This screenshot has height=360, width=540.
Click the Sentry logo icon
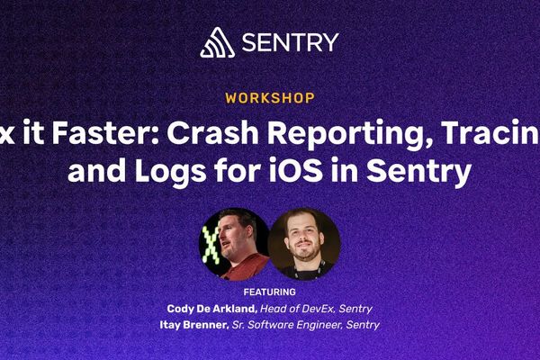(216, 41)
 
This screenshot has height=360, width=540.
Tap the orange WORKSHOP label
(270, 97)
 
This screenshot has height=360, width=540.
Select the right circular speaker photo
(304, 244)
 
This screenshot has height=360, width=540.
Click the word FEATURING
(270, 292)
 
